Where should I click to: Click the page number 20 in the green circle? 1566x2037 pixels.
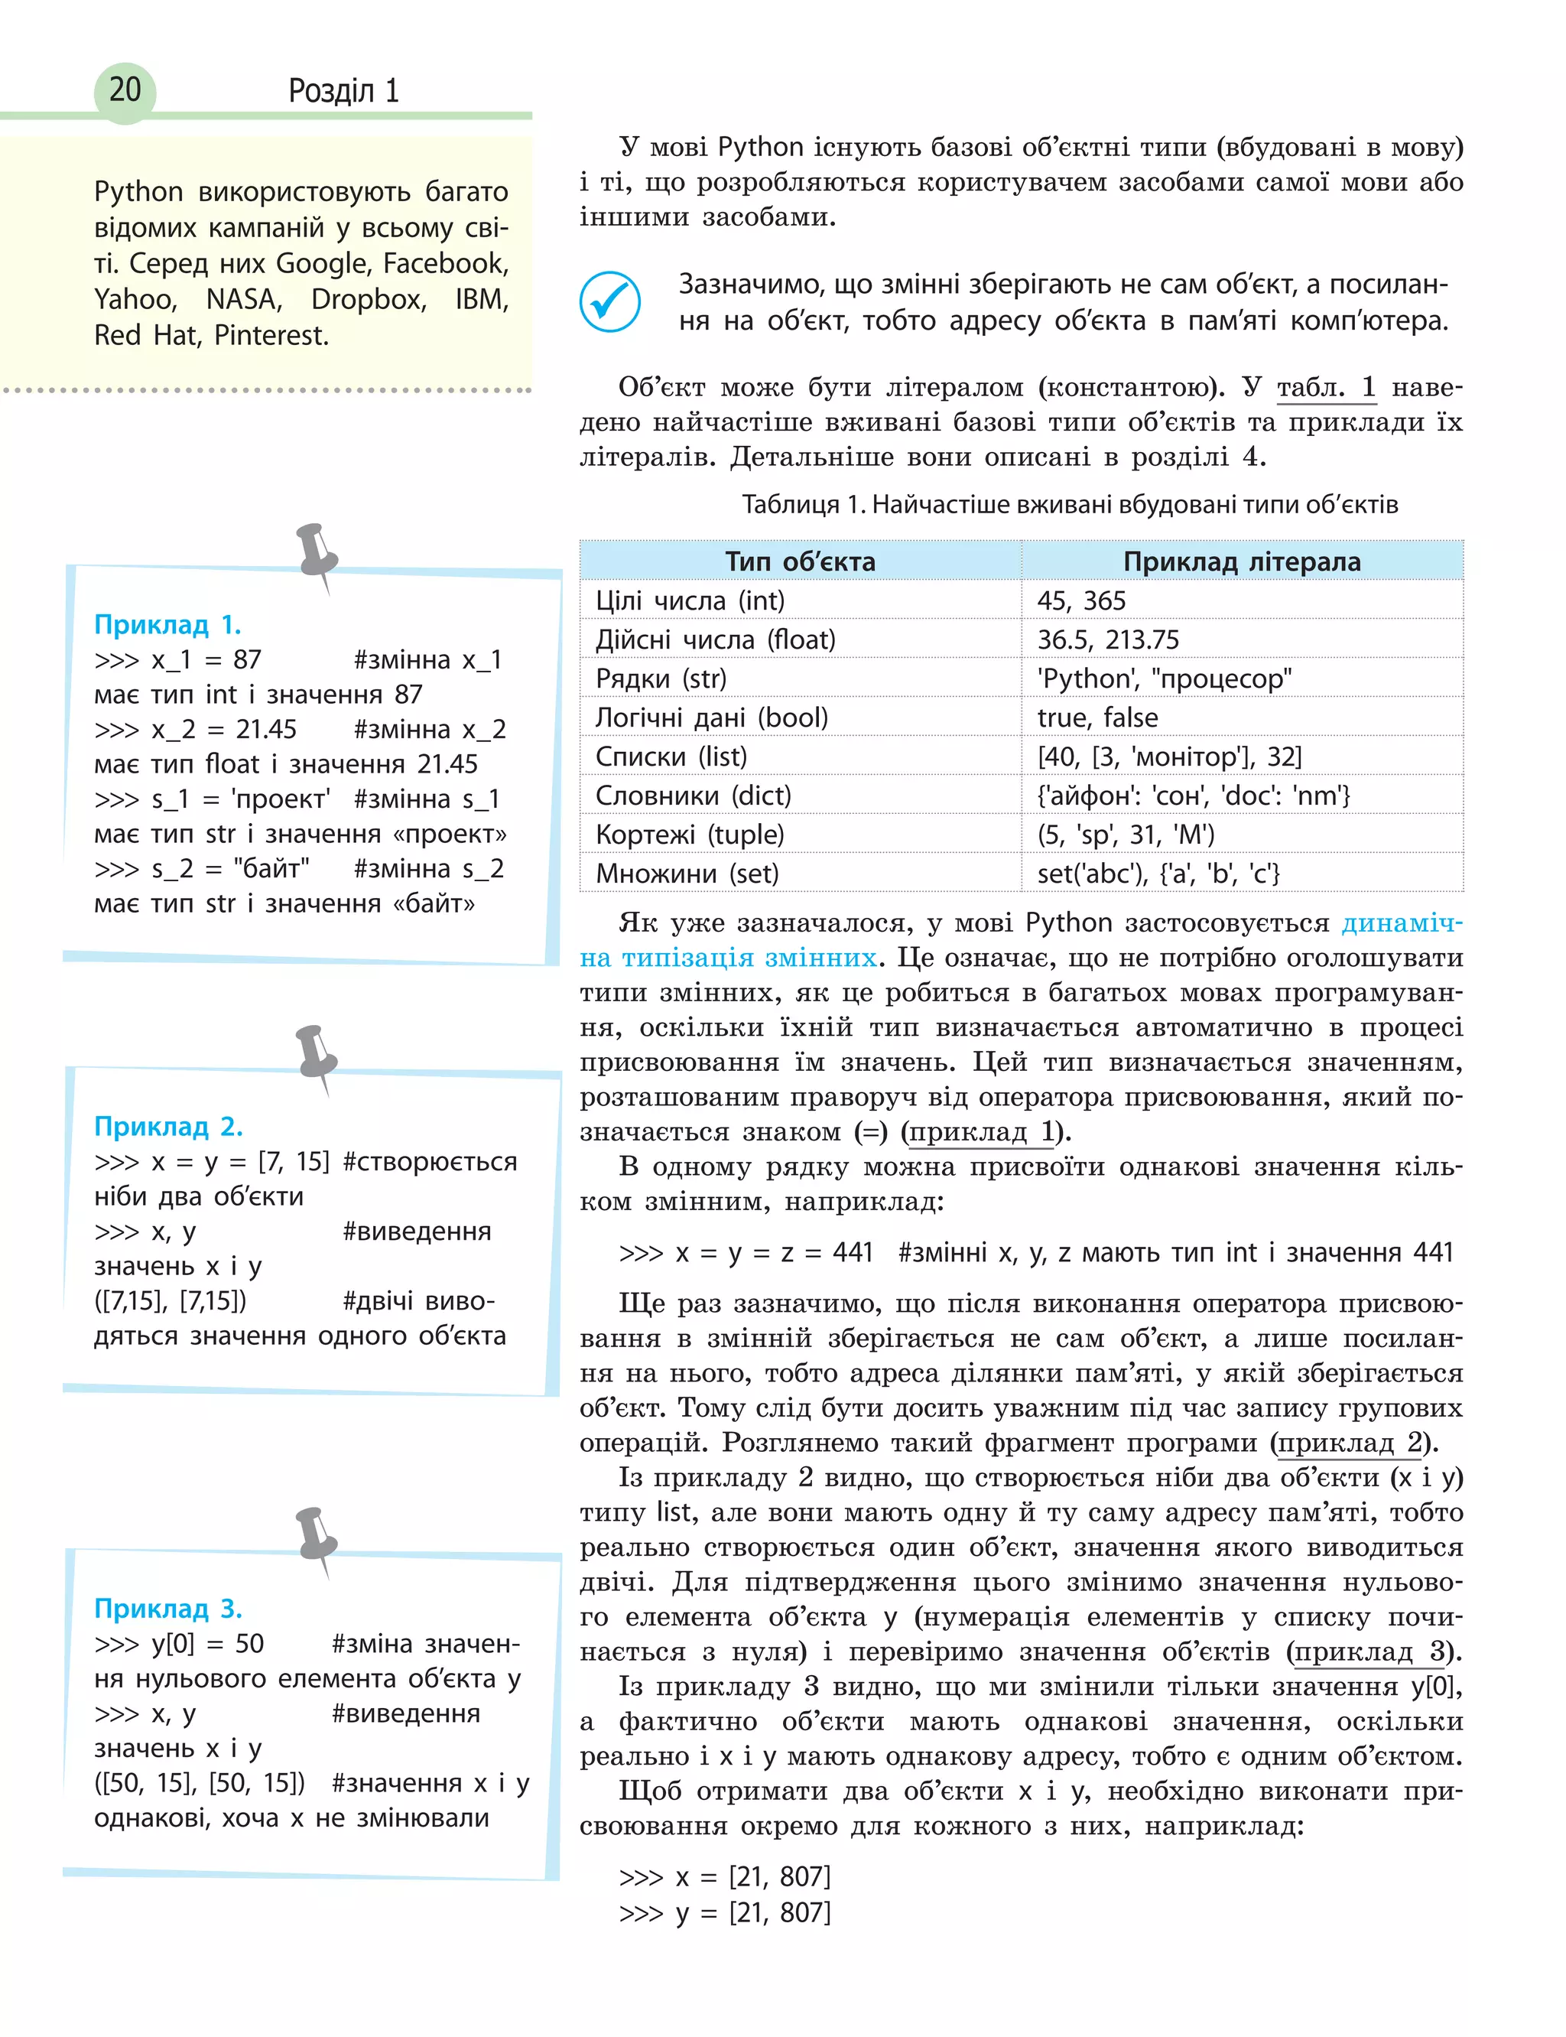(x=125, y=90)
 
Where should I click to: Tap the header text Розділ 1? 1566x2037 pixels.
(x=343, y=91)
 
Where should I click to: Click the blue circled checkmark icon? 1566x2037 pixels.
(x=609, y=301)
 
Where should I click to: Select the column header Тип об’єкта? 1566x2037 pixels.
(x=800, y=561)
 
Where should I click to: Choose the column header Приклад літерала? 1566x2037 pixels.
(x=1242, y=561)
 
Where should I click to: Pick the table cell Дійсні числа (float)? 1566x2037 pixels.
(x=715, y=639)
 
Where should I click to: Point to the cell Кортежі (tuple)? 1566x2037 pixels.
(x=690, y=835)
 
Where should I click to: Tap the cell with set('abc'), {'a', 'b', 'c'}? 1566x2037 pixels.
(x=1158, y=874)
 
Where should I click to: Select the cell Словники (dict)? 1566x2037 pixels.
(x=693, y=796)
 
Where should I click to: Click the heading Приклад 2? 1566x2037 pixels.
(x=167, y=1126)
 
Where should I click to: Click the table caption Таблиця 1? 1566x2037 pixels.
(x=1069, y=504)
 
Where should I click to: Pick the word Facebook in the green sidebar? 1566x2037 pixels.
(x=446, y=264)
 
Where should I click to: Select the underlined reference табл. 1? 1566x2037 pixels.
(x=1325, y=387)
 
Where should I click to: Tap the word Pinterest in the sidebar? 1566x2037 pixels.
(x=271, y=336)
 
